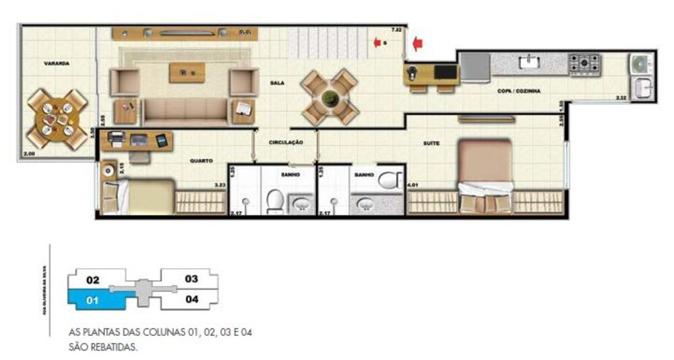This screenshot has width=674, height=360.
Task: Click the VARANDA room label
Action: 57,63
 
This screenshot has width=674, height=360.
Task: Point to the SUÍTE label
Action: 431,143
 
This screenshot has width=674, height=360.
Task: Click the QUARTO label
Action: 202,161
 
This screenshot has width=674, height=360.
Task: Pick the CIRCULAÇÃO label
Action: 286,143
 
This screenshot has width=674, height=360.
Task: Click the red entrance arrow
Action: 417,44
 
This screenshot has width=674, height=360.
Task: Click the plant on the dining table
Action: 330,98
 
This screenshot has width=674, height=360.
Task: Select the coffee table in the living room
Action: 187,71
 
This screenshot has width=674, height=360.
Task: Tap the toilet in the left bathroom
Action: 275,200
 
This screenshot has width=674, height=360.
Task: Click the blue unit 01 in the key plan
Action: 94,300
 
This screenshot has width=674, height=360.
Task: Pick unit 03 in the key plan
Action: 191,278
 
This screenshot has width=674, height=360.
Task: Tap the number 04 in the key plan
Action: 191,299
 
